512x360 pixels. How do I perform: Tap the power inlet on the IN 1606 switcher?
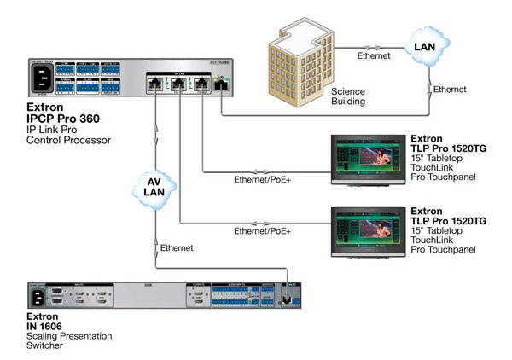click(38, 298)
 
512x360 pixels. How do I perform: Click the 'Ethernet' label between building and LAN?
click(373, 55)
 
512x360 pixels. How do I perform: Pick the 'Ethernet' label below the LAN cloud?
click(450, 90)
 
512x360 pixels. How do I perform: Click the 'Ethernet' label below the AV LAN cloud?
click(177, 247)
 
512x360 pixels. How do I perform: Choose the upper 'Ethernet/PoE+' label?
click(262, 180)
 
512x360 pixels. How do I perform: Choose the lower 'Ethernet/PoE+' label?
click(262, 231)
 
